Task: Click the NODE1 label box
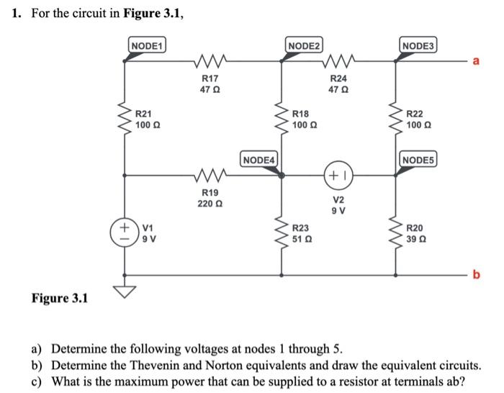pos(146,45)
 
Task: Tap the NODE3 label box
pos(418,45)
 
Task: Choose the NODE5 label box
pos(418,158)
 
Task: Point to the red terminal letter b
pos(474,274)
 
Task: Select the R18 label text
pos(301,114)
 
